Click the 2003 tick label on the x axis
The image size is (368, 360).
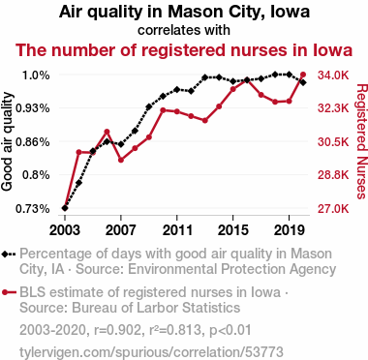pyautogui.click(x=65, y=230)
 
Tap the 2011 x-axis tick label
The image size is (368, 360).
pyautogui.click(x=177, y=230)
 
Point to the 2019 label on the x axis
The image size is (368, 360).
pyautogui.click(x=289, y=230)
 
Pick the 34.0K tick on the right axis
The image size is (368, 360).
pyautogui.click(x=333, y=75)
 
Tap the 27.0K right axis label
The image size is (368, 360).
pyautogui.click(x=333, y=209)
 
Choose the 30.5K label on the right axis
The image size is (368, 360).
pyautogui.click(x=333, y=142)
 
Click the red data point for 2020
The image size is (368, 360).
pyautogui.click(x=303, y=75)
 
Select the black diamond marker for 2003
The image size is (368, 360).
pyautogui.click(x=65, y=208)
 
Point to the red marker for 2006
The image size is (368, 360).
pyautogui.click(x=107, y=132)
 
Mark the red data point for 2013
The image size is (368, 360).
pyautogui.click(x=205, y=121)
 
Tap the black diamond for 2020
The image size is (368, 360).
pyautogui.click(x=303, y=82)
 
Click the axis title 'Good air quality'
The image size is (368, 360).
pyautogui.click(x=7, y=141)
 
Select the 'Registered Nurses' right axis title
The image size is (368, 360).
pyautogui.click(x=361, y=141)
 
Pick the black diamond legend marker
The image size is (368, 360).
pyautogui.click(x=5, y=255)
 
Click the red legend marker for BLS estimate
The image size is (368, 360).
pyautogui.click(x=5, y=292)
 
